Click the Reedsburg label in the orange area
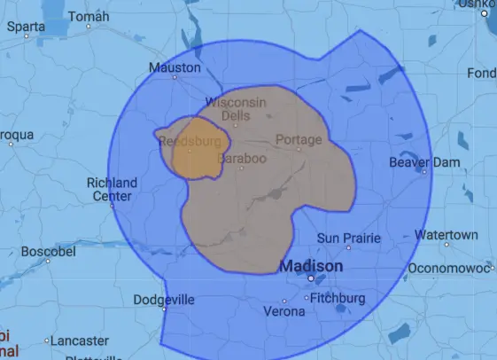[x=190, y=139]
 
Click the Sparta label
[x=27, y=27]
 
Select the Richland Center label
[x=112, y=188]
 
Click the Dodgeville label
[x=164, y=300]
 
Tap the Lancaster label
[x=80, y=340]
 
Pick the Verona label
[x=285, y=311]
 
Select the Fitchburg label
[x=339, y=299]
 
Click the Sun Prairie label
[x=349, y=238]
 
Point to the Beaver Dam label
[x=423, y=162]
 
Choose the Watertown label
[x=447, y=235]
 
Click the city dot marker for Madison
[x=311, y=278]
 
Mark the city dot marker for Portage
[x=299, y=149]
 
